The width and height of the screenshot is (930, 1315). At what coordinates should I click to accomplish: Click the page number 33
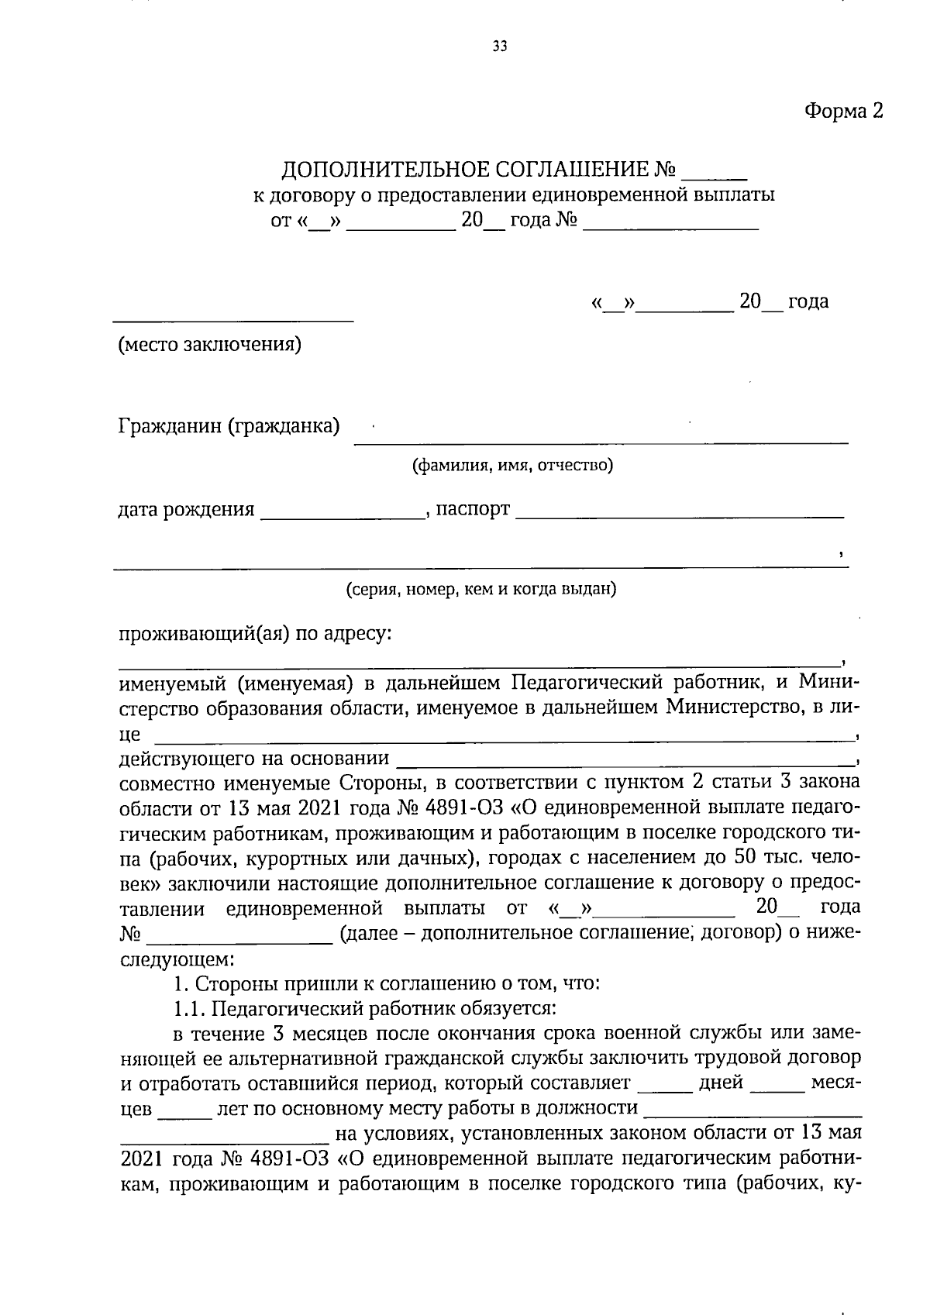point(500,47)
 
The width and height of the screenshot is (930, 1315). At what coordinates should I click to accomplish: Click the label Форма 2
point(843,111)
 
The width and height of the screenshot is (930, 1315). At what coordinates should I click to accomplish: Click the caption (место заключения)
point(209,344)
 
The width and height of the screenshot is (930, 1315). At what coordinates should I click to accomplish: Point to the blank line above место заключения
point(233,318)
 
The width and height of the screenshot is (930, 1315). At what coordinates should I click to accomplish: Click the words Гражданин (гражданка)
point(229,425)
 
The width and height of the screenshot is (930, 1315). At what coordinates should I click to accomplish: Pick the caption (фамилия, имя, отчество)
point(512,465)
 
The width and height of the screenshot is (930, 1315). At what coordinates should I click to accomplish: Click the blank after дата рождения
point(343,515)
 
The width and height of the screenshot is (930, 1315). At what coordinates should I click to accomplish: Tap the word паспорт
point(473,509)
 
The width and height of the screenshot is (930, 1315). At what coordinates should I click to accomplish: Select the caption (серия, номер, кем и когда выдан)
point(480,589)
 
